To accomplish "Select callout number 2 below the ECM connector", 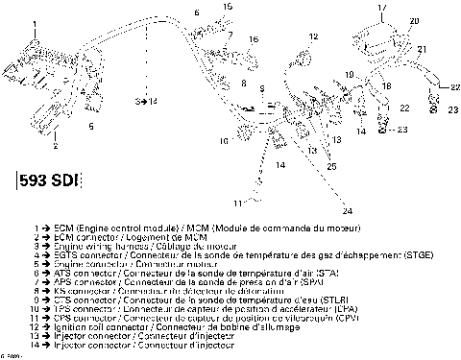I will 55,148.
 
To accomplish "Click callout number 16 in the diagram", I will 253,39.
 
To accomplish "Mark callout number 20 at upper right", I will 414,20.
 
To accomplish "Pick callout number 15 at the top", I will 227,7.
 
